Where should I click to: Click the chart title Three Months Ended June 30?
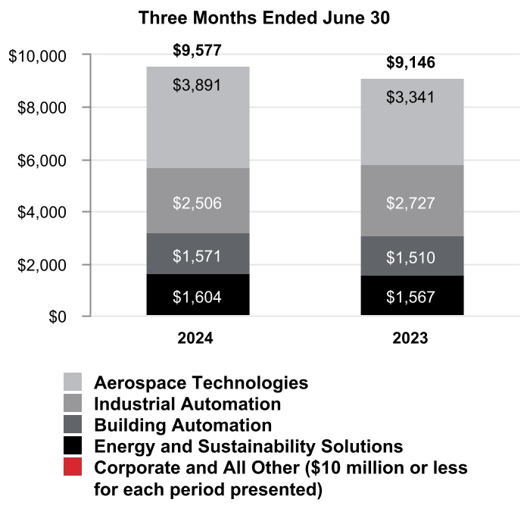click(x=264, y=19)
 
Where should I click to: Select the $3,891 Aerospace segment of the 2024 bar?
click(x=197, y=117)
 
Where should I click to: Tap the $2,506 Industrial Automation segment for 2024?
click(x=197, y=201)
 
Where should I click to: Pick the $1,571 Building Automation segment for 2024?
click(x=197, y=254)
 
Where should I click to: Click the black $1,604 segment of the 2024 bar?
click(x=197, y=296)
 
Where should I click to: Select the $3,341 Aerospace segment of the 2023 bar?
click(x=411, y=121)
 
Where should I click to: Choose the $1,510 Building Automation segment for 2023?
click(x=411, y=257)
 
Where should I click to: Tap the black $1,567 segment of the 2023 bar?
click(x=411, y=296)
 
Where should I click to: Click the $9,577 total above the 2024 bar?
click(x=197, y=51)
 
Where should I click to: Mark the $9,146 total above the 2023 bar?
click(x=411, y=64)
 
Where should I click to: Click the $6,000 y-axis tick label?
click(x=42, y=161)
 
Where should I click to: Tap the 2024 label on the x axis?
click(x=197, y=339)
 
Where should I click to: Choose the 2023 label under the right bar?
click(x=411, y=339)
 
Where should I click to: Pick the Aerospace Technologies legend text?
click(x=201, y=382)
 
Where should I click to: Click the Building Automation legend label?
click(x=182, y=425)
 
